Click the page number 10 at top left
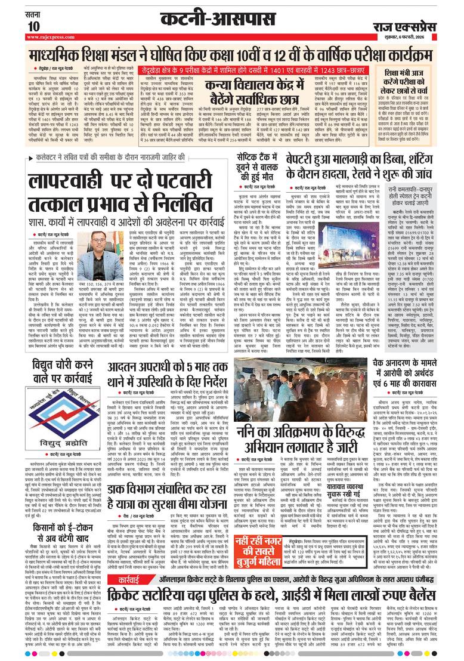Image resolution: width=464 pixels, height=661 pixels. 33,26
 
